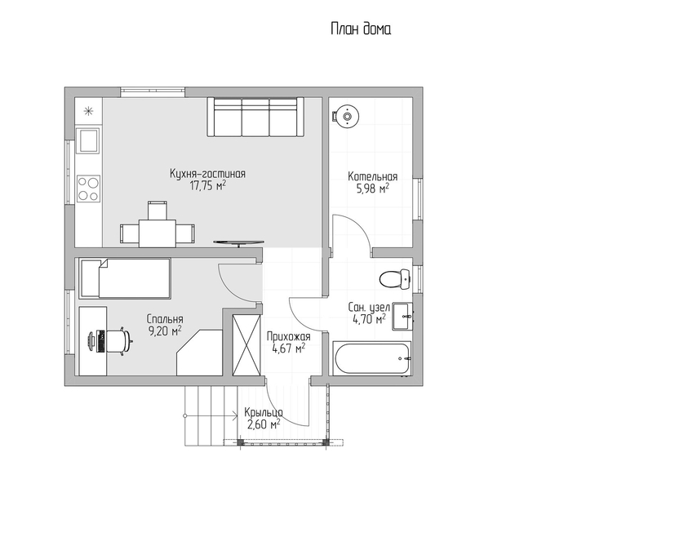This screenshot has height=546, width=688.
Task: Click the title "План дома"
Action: tap(361, 29)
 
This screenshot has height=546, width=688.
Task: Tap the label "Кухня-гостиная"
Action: tap(207, 174)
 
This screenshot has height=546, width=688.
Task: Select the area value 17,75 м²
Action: tap(207, 185)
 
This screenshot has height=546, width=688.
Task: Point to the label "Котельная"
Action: tap(372, 176)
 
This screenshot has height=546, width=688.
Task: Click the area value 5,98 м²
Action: tap(372, 189)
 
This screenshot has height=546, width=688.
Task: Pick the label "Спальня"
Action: tap(165, 319)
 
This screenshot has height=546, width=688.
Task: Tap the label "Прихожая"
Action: tap(288, 336)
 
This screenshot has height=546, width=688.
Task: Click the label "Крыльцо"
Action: tap(264, 413)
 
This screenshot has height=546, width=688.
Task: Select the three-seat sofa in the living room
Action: tap(255, 117)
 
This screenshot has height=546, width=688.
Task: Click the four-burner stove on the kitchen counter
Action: tap(88, 189)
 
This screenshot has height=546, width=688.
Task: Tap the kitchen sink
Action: tap(88, 140)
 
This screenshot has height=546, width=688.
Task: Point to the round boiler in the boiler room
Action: tap(347, 117)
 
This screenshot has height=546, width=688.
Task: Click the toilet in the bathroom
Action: tap(394, 278)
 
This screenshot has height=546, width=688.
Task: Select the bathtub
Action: tap(371, 358)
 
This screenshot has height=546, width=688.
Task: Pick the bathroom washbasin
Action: tap(402, 316)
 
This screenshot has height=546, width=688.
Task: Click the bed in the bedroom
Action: tap(125, 278)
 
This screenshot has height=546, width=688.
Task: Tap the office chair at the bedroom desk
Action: tap(119, 340)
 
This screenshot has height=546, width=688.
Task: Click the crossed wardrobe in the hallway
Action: tap(246, 345)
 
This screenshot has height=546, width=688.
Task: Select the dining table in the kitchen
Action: tap(158, 233)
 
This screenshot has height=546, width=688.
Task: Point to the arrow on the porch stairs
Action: tap(211, 415)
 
